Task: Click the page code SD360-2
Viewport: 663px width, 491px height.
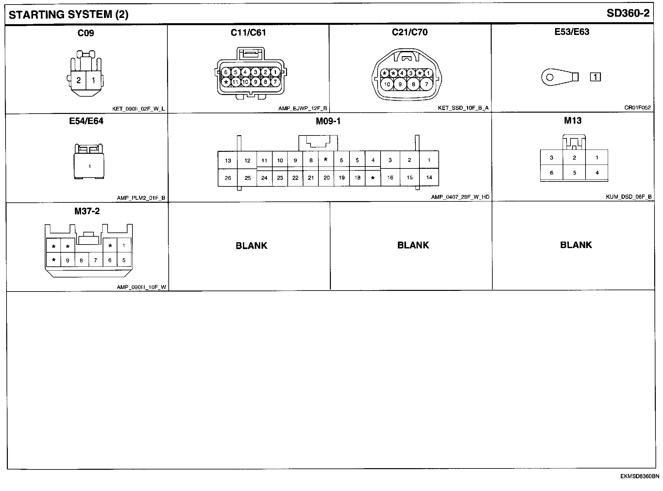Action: [628, 13]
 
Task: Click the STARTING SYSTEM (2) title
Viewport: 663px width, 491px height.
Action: [69, 15]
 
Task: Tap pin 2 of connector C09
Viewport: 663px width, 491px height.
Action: [78, 80]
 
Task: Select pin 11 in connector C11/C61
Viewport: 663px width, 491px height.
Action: [235, 82]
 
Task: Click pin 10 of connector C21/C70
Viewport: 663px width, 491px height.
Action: [387, 84]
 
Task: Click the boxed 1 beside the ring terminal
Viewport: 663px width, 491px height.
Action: [595, 77]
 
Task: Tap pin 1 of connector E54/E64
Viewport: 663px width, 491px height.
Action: [89, 166]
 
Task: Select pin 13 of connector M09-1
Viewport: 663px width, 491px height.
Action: [228, 160]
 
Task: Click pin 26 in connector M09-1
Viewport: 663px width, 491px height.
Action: [228, 178]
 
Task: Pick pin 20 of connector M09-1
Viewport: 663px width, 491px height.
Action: [327, 178]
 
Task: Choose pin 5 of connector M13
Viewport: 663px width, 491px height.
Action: [574, 173]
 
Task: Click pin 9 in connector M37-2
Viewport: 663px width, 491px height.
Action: [68, 261]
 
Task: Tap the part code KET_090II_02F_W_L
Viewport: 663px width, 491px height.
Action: [138, 109]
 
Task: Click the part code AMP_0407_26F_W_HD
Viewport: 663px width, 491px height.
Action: [460, 197]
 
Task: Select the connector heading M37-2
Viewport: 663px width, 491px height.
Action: [87, 211]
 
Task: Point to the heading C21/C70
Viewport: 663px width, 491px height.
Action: [410, 32]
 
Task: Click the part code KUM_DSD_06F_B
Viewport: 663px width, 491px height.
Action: [628, 197]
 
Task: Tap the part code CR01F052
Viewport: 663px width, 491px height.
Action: [637, 108]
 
